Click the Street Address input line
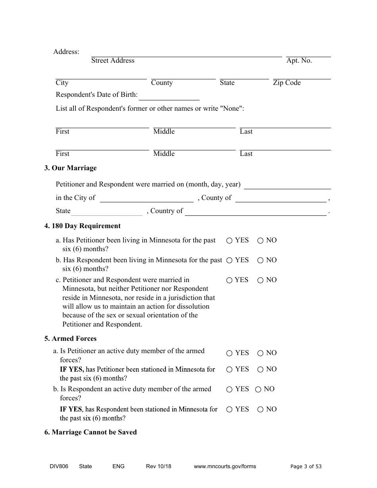pos(187,54)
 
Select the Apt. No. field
pos(308,54)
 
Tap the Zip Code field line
pos(302,76)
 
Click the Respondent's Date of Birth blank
pos(169,97)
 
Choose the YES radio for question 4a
pos(229,240)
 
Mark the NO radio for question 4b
pos(260,260)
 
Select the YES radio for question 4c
pos(229,280)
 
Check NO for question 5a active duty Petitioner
pos(260,353)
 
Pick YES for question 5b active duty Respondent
pos(229,389)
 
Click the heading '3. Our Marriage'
pos(70,168)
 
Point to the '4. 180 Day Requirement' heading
pos(82,226)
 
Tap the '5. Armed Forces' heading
pos(70,339)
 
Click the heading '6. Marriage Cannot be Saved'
pos(90,432)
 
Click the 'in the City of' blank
pos(146,199)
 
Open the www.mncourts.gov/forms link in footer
pos(225,467)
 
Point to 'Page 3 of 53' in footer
pos(306,467)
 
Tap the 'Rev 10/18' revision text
pos(158,467)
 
